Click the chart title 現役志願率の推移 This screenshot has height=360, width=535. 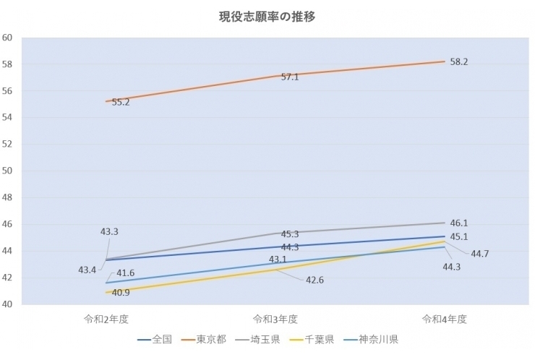[x=267, y=15]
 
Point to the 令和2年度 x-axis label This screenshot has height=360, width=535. [x=106, y=318]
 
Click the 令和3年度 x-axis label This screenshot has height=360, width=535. [x=275, y=318]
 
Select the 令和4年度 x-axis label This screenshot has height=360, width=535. [x=445, y=318]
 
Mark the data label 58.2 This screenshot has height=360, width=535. [x=459, y=62]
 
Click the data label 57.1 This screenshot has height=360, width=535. [x=290, y=77]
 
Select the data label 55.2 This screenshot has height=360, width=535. [x=121, y=103]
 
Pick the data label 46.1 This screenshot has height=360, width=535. [x=459, y=223]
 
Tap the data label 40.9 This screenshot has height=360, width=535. [x=121, y=293]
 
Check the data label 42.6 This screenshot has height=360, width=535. [x=314, y=280]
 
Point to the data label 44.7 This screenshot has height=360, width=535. [x=480, y=254]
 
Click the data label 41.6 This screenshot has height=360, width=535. [x=126, y=273]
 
